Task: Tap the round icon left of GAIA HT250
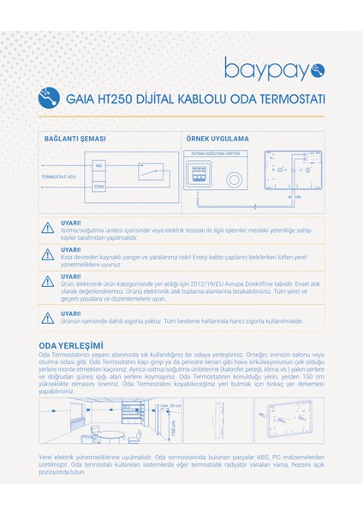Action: (51, 98)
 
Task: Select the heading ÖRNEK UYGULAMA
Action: (217, 138)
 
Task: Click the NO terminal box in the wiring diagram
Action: (98, 164)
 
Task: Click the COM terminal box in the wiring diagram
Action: (98, 186)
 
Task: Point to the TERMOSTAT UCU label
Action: (58, 176)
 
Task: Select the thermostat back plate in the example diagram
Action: (300, 174)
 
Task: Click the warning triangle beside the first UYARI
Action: (46, 228)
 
